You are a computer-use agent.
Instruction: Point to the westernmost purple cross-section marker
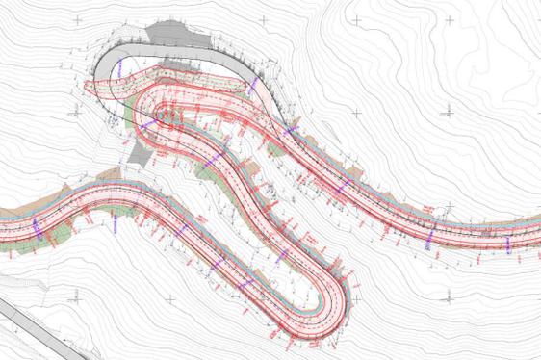tap(36, 227)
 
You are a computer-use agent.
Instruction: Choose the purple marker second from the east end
tap(433, 233)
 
